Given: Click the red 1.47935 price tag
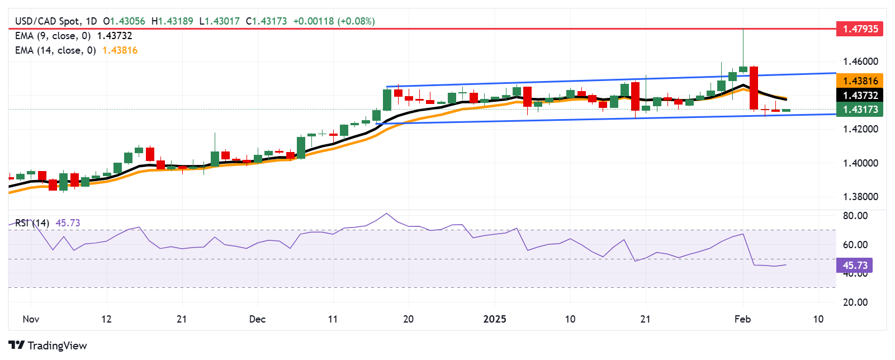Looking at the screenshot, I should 860,29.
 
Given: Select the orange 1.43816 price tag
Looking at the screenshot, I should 860,81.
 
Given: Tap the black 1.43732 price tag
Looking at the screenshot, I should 860,96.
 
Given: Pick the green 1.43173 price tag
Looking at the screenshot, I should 860,110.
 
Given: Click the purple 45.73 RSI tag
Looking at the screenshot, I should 854,265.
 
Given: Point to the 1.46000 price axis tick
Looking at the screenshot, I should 860,61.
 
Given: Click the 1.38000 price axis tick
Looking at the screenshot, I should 860,197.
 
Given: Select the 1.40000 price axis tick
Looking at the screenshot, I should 860,163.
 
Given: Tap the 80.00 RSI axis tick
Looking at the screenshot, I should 855,216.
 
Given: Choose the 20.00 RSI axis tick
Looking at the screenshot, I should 855,302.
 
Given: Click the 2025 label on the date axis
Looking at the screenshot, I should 494,319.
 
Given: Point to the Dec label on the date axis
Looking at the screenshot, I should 257,319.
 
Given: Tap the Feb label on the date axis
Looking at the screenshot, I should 742,319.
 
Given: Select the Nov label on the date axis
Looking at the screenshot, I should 31,319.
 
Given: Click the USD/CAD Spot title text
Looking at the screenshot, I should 48,21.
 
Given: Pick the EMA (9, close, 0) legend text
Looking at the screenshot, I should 53,36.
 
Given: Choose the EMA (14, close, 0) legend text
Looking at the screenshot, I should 55,50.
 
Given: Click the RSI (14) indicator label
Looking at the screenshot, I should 32,223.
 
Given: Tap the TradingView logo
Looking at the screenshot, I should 48,345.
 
